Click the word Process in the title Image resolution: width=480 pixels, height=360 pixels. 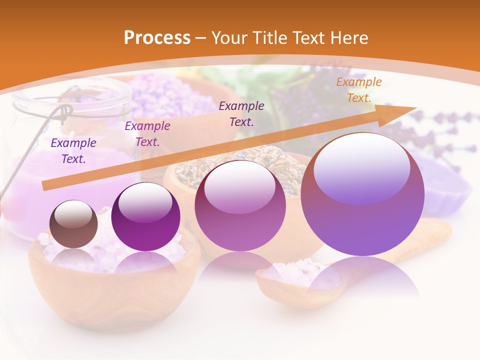157,38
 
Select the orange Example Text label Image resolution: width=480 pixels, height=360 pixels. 358,90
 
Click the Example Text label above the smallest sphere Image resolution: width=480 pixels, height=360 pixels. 73,151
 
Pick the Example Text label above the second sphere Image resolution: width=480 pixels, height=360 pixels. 147,134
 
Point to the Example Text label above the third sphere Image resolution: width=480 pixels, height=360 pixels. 241,113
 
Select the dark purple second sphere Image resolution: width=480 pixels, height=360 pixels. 145,217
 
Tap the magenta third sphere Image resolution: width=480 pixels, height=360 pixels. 240,206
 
